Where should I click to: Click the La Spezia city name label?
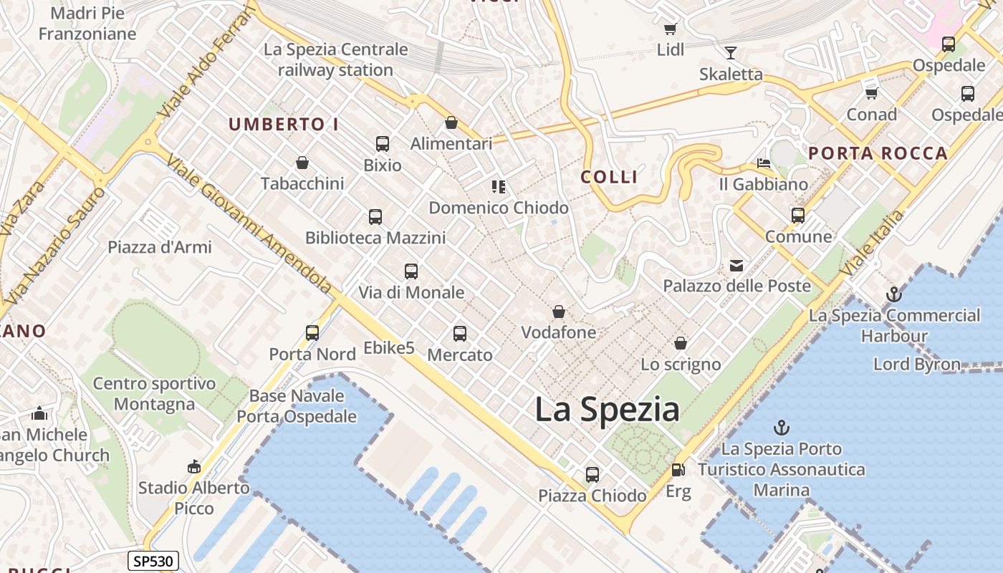tap(607, 410)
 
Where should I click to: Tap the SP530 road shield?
tap(153, 561)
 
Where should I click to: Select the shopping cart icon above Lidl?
tap(670, 29)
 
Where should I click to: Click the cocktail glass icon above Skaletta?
tap(730, 52)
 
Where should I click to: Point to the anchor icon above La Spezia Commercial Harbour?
tap(893, 294)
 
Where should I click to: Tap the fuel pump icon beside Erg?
tap(677, 470)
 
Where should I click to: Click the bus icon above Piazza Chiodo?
tap(592, 474)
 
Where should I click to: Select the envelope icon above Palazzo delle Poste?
tap(736, 266)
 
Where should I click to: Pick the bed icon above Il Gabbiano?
tap(763, 163)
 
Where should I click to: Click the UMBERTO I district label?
tap(284, 124)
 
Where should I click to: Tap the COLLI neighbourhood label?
tap(609, 177)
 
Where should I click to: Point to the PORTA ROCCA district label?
tap(878, 153)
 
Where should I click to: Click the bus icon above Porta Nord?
tap(312, 333)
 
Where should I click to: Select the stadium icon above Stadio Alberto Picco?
tap(193, 467)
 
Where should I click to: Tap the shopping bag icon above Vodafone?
tap(558, 312)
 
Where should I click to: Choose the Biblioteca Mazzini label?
tap(375, 238)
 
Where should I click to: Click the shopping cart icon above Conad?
tap(871, 93)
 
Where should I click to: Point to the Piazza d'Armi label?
tap(160, 248)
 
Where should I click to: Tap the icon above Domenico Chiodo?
tap(499, 187)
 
